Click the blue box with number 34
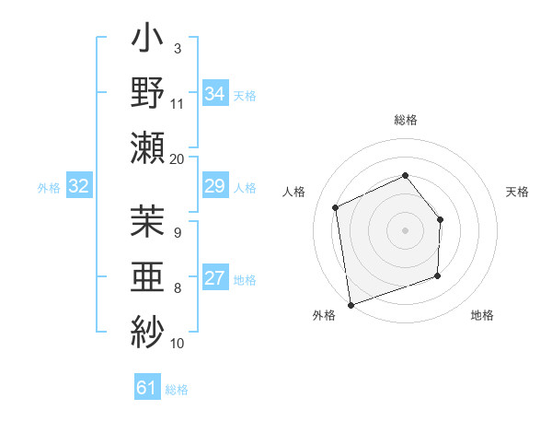click(214, 93)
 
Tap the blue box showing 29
click(214, 187)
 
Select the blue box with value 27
click(214, 279)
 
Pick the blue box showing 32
click(79, 187)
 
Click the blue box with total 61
click(147, 388)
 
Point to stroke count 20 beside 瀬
click(178, 158)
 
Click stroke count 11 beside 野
click(178, 102)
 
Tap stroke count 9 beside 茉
click(178, 233)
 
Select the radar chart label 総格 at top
click(406, 120)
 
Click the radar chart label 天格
click(517, 192)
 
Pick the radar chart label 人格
click(293, 192)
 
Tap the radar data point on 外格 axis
click(350, 304)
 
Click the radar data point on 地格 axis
click(437, 275)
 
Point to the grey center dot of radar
click(405, 229)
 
